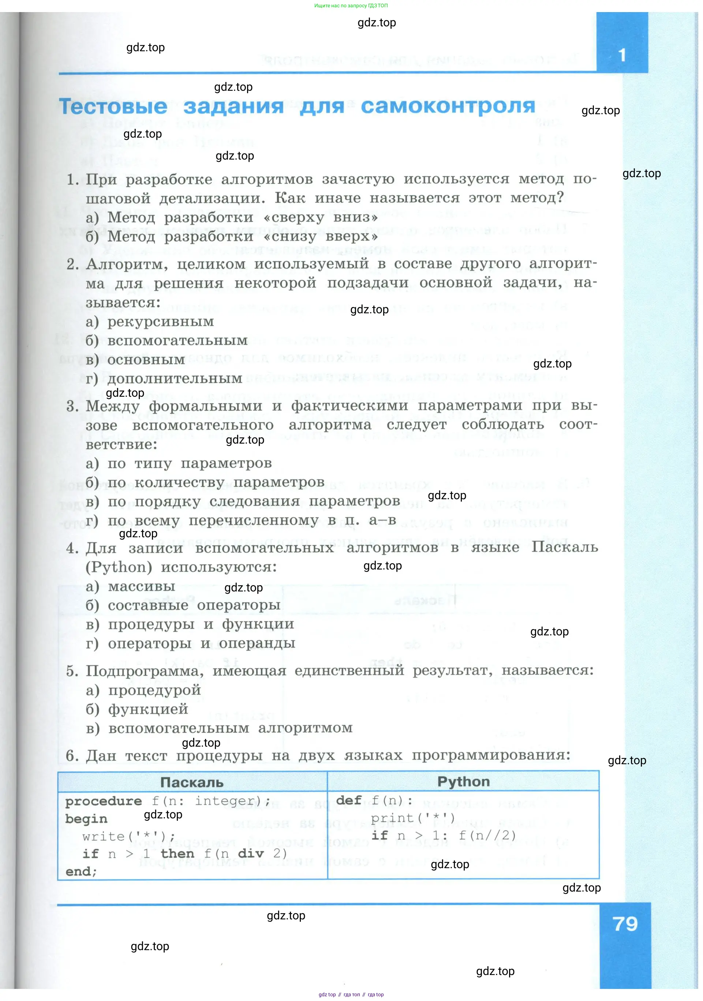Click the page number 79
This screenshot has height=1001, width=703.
[x=625, y=924]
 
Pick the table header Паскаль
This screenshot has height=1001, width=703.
[x=192, y=782]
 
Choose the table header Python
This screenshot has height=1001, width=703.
[x=463, y=781]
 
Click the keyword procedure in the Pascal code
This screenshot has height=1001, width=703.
[x=103, y=801]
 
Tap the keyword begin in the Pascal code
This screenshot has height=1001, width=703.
[x=86, y=819]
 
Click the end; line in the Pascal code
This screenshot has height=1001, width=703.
[x=81, y=871]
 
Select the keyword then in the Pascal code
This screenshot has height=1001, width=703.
[x=177, y=854]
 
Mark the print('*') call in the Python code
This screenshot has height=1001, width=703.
[x=413, y=818]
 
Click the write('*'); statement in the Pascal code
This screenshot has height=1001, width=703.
[x=128, y=837]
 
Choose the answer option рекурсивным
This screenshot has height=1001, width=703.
[x=160, y=322]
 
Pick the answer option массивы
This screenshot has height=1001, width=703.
[x=141, y=586]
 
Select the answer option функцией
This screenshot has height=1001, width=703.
[x=148, y=709]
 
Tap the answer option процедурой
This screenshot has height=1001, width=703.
[x=154, y=690]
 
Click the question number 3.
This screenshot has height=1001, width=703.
[x=72, y=406]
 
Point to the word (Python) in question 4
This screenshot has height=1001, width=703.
[x=119, y=567]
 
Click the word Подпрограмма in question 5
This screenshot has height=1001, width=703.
[x=144, y=671]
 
